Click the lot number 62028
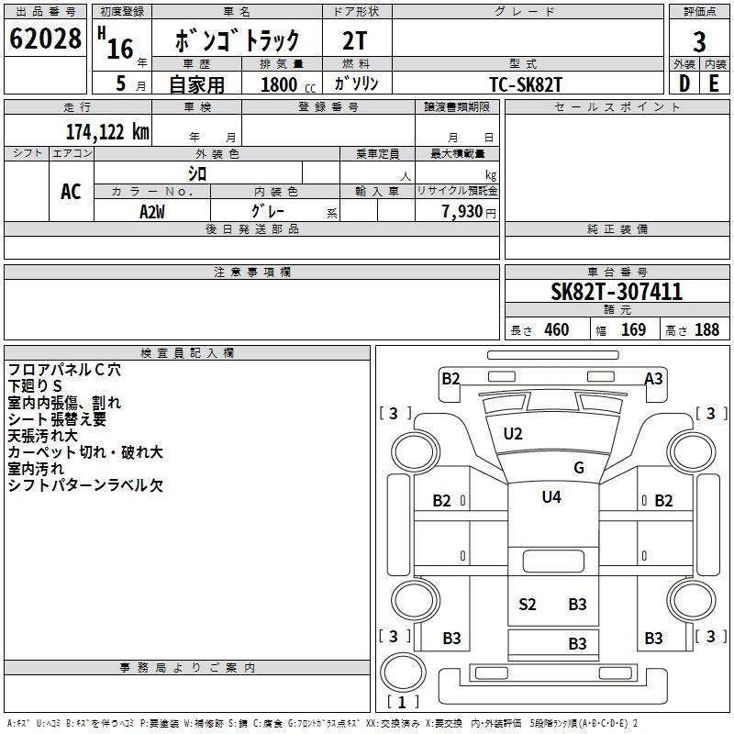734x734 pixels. pyautogui.click(x=45, y=39)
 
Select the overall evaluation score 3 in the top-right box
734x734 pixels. pyautogui.click(x=699, y=40)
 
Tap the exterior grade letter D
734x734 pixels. pyautogui.click(x=684, y=83)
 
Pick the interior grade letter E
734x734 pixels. pyautogui.click(x=714, y=83)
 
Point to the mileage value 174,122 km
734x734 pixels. pyautogui.click(x=106, y=132)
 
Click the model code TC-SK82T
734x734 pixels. pyautogui.click(x=526, y=83)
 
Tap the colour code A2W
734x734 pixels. pyautogui.click(x=152, y=211)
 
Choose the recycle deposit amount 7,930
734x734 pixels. pyautogui.click(x=462, y=212)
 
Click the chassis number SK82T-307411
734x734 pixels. pyautogui.click(x=616, y=293)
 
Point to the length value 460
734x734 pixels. pyautogui.click(x=556, y=330)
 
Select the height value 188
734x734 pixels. pyautogui.click(x=706, y=330)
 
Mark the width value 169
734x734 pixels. pyautogui.click(x=633, y=330)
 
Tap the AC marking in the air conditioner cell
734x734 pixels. pyautogui.click(x=71, y=192)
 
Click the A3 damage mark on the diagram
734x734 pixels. pyautogui.click(x=653, y=378)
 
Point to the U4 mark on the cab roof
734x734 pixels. pyautogui.click(x=550, y=497)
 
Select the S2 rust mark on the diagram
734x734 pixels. pyautogui.click(x=527, y=604)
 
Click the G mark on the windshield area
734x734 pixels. pyautogui.click(x=578, y=468)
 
